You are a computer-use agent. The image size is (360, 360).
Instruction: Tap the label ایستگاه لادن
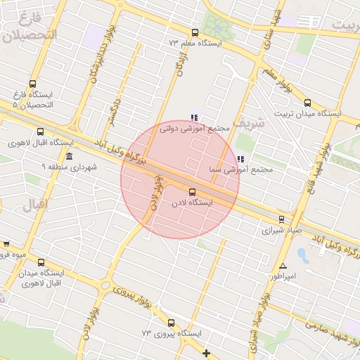click(x=191, y=202)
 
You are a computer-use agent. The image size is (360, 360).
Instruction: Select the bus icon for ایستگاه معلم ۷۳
click(x=195, y=32)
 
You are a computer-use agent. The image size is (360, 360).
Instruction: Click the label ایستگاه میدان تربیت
click(x=307, y=113)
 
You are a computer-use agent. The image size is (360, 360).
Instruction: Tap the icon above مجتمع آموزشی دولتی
click(x=194, y=117)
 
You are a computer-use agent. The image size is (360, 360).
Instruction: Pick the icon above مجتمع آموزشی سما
click(x=241, y=159)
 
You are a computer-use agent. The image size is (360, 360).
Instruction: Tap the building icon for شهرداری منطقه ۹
click(x=68, y=155)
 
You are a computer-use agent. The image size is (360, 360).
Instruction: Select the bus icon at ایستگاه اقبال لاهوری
click(x=39, y=131)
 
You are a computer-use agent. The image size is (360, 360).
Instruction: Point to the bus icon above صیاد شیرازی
click(x=281, y=219)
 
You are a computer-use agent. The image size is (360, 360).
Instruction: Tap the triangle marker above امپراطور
click(x=283, y=266)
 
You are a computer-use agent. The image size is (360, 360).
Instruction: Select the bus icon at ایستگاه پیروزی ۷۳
click(x=171, y=323)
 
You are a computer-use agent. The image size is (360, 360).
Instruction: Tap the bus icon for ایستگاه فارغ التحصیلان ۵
click(x=33, y=83)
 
